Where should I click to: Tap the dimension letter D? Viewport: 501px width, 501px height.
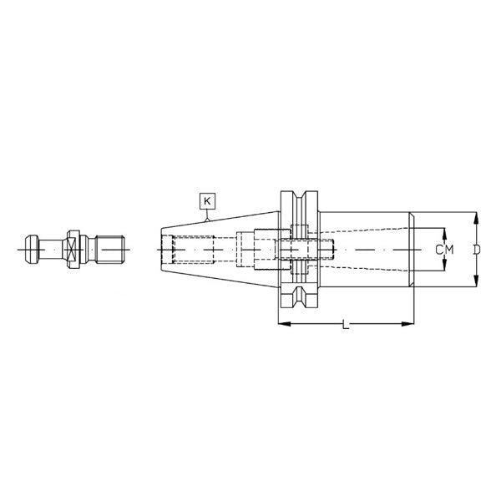(x=475, y=250)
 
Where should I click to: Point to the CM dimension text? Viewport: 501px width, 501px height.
(x=444, y=250)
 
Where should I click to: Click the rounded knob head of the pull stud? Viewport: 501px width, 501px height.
(x=31, y=249)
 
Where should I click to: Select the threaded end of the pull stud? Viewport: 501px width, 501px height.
(x=114, y=249)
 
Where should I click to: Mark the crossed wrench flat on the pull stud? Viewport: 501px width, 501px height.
(x=74, y=249)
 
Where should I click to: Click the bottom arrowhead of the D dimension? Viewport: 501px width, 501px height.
(x=475, y=283)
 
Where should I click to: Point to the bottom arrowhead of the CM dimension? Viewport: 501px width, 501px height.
(x=444, y=270)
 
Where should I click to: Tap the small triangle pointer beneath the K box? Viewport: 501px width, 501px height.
(x=207, y=215)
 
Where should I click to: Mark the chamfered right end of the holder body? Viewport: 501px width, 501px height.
(x=412, y=250)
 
